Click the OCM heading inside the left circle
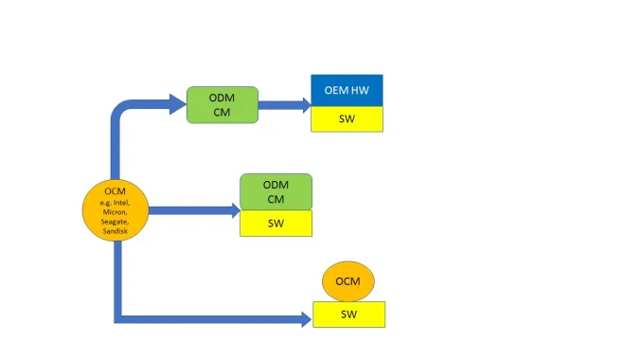[x=115, y=191]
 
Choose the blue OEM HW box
[x=347, y=91]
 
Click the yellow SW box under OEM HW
[x=347, y=119]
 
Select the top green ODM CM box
[x=222, y=104]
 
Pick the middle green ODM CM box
[x=275, y=191]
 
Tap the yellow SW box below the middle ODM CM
[x=275, y=224]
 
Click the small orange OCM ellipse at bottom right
[x=348, y=281]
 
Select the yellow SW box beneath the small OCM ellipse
[x=348, y=314]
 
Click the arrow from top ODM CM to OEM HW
[x=284, y=105]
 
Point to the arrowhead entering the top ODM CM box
[x=177, y=104]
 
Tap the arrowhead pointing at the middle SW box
[x=231, y=210]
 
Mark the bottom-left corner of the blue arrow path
[x=117, y=318]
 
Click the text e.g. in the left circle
[x=104, y=202]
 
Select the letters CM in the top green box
[x=222, y=112]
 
